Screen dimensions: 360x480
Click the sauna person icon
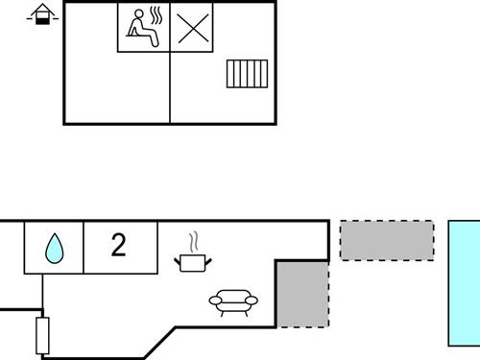(x=141, y=27)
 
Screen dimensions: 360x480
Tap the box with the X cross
(x=192, y=27)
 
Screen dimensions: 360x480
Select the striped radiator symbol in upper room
(x=246, y=74)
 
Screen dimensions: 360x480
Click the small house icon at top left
(x=41, y=14)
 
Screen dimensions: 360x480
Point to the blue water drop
(x=54, y=251)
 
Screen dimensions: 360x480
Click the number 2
(x=118, y=246)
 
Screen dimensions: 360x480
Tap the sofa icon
(x=233, y=303)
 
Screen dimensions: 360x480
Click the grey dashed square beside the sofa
(x=302, y=292)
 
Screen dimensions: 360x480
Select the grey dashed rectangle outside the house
(x=387, y=240)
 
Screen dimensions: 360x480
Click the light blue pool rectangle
(x=465, y=282)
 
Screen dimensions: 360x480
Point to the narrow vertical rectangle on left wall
(x=41, y=334)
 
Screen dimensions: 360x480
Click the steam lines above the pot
(x=193, y=239)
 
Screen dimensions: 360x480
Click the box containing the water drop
(x=54, y=248)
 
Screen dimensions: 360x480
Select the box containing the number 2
(x=120, y=248)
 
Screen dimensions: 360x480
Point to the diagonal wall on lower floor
(x=158, y=340)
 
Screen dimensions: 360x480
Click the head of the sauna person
(x=136, y=15)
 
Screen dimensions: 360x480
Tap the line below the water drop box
(x=41, y=294)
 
